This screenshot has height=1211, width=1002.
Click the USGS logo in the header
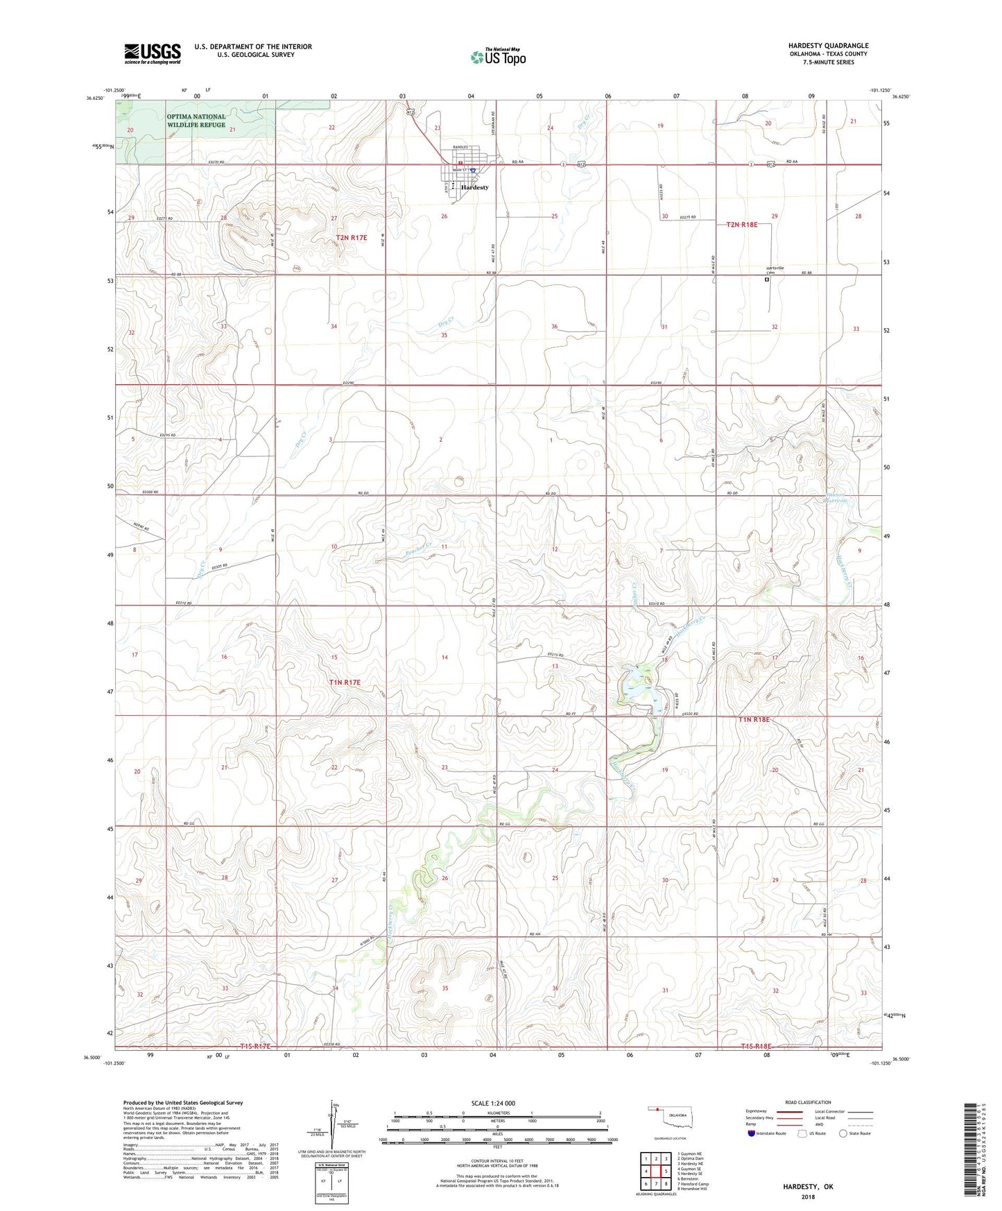tap(153, 53)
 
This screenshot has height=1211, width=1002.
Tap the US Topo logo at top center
tap(498, 57)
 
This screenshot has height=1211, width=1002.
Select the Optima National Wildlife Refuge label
tap(196, 121)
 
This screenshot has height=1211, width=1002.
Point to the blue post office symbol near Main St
tap(472, 170)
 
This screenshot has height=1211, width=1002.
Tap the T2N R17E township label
tap(352, 238)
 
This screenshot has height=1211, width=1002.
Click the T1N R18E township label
tap(754, 720)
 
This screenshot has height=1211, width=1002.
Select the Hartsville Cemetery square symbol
tap(766, 280)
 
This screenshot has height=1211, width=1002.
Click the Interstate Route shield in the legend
tap(752, 1133)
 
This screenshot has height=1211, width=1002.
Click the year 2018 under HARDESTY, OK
tap(808, 1196)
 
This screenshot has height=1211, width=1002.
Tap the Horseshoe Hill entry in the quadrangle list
tap(693, 1189)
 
